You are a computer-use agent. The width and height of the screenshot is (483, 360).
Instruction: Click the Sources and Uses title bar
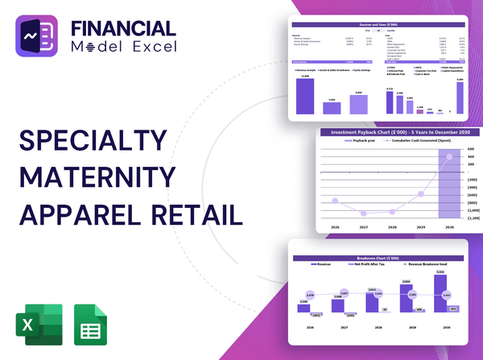click(378, 26)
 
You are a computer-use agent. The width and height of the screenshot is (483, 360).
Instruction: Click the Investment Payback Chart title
click(400, 132)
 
